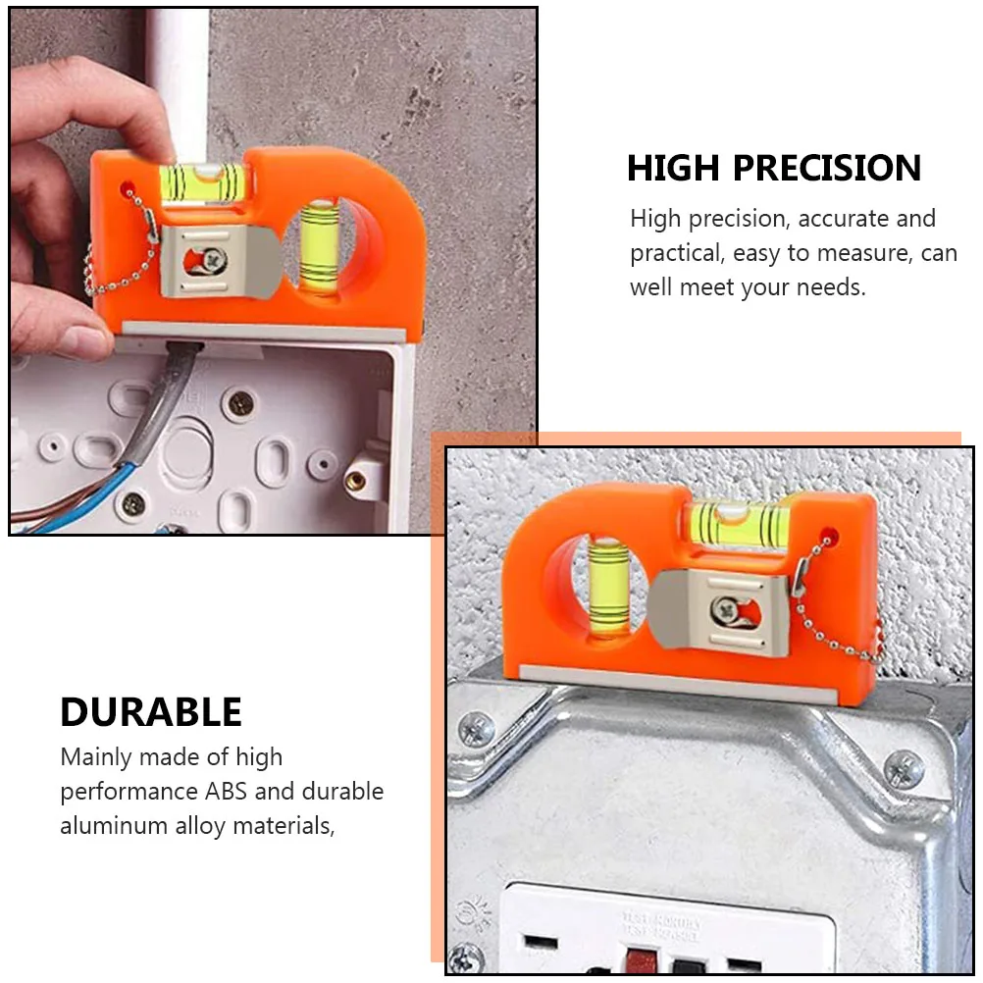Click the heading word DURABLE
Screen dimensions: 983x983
[x=151, y=711]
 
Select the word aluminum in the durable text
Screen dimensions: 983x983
[x=114, y=825]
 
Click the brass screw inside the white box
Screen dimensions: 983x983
[x=356, y=481]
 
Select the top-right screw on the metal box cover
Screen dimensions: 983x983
[x=903, y=768]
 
